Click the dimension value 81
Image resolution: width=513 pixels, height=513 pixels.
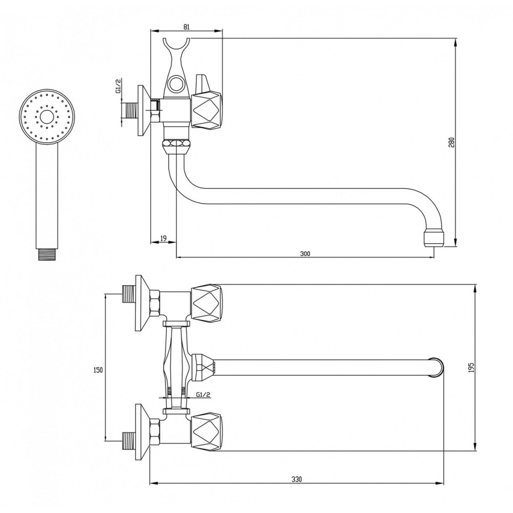[x=186, y=27]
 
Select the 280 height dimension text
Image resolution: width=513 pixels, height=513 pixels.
[x=451, y=142]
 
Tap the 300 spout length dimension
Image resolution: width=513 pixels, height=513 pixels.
[x=305, y=253]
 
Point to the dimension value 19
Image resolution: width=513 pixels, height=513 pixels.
[x=163, y=238]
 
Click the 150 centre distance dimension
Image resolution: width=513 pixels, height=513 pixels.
[x=98, y=370]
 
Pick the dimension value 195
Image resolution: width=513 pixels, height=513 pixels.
[x=471, y=368]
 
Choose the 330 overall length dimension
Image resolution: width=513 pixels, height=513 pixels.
[x=297, y=480]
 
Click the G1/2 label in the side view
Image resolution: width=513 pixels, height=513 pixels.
[x=119, y=86]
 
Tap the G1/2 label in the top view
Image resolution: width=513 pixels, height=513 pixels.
[x=203, y=394]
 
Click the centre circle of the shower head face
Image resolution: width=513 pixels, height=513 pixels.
[x=46, y=116]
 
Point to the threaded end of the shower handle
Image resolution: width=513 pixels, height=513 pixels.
[x=47, y=254]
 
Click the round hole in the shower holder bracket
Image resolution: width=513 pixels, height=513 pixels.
[x=176, y=83]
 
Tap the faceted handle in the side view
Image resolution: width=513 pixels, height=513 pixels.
[x=206, y=111]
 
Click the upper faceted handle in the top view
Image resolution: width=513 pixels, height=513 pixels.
[x=206, y=303]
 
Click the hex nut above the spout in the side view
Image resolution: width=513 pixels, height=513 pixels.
[x=176, y=144]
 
